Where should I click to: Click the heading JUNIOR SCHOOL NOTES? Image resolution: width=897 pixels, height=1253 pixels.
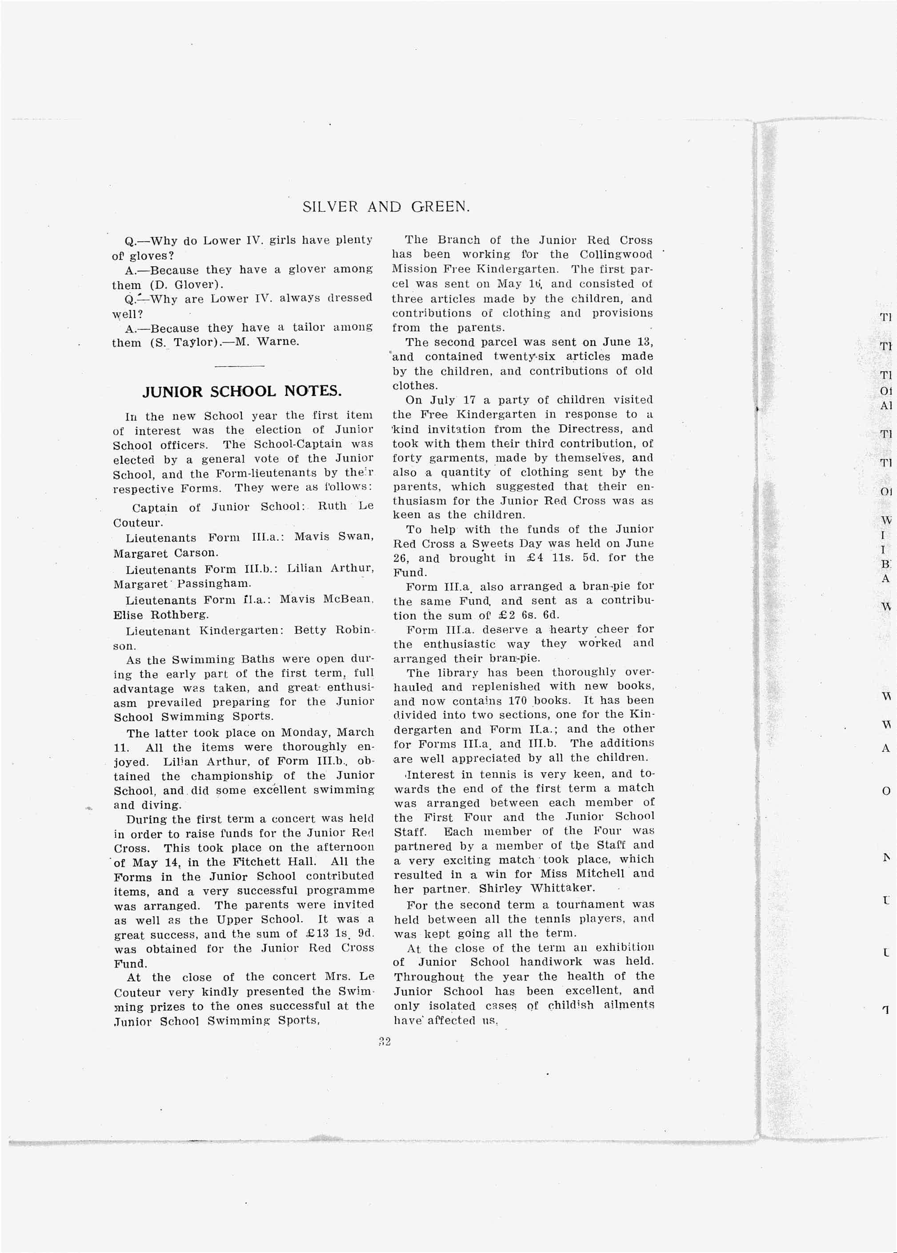click(242, 392)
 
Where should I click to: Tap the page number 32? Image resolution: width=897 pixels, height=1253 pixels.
click(385, 1042)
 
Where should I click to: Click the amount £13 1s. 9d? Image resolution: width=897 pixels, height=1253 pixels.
click(337, 934)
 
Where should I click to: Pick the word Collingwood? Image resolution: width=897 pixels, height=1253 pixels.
click(615, 255)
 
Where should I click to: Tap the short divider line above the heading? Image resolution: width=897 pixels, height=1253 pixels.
click(239, 366)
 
